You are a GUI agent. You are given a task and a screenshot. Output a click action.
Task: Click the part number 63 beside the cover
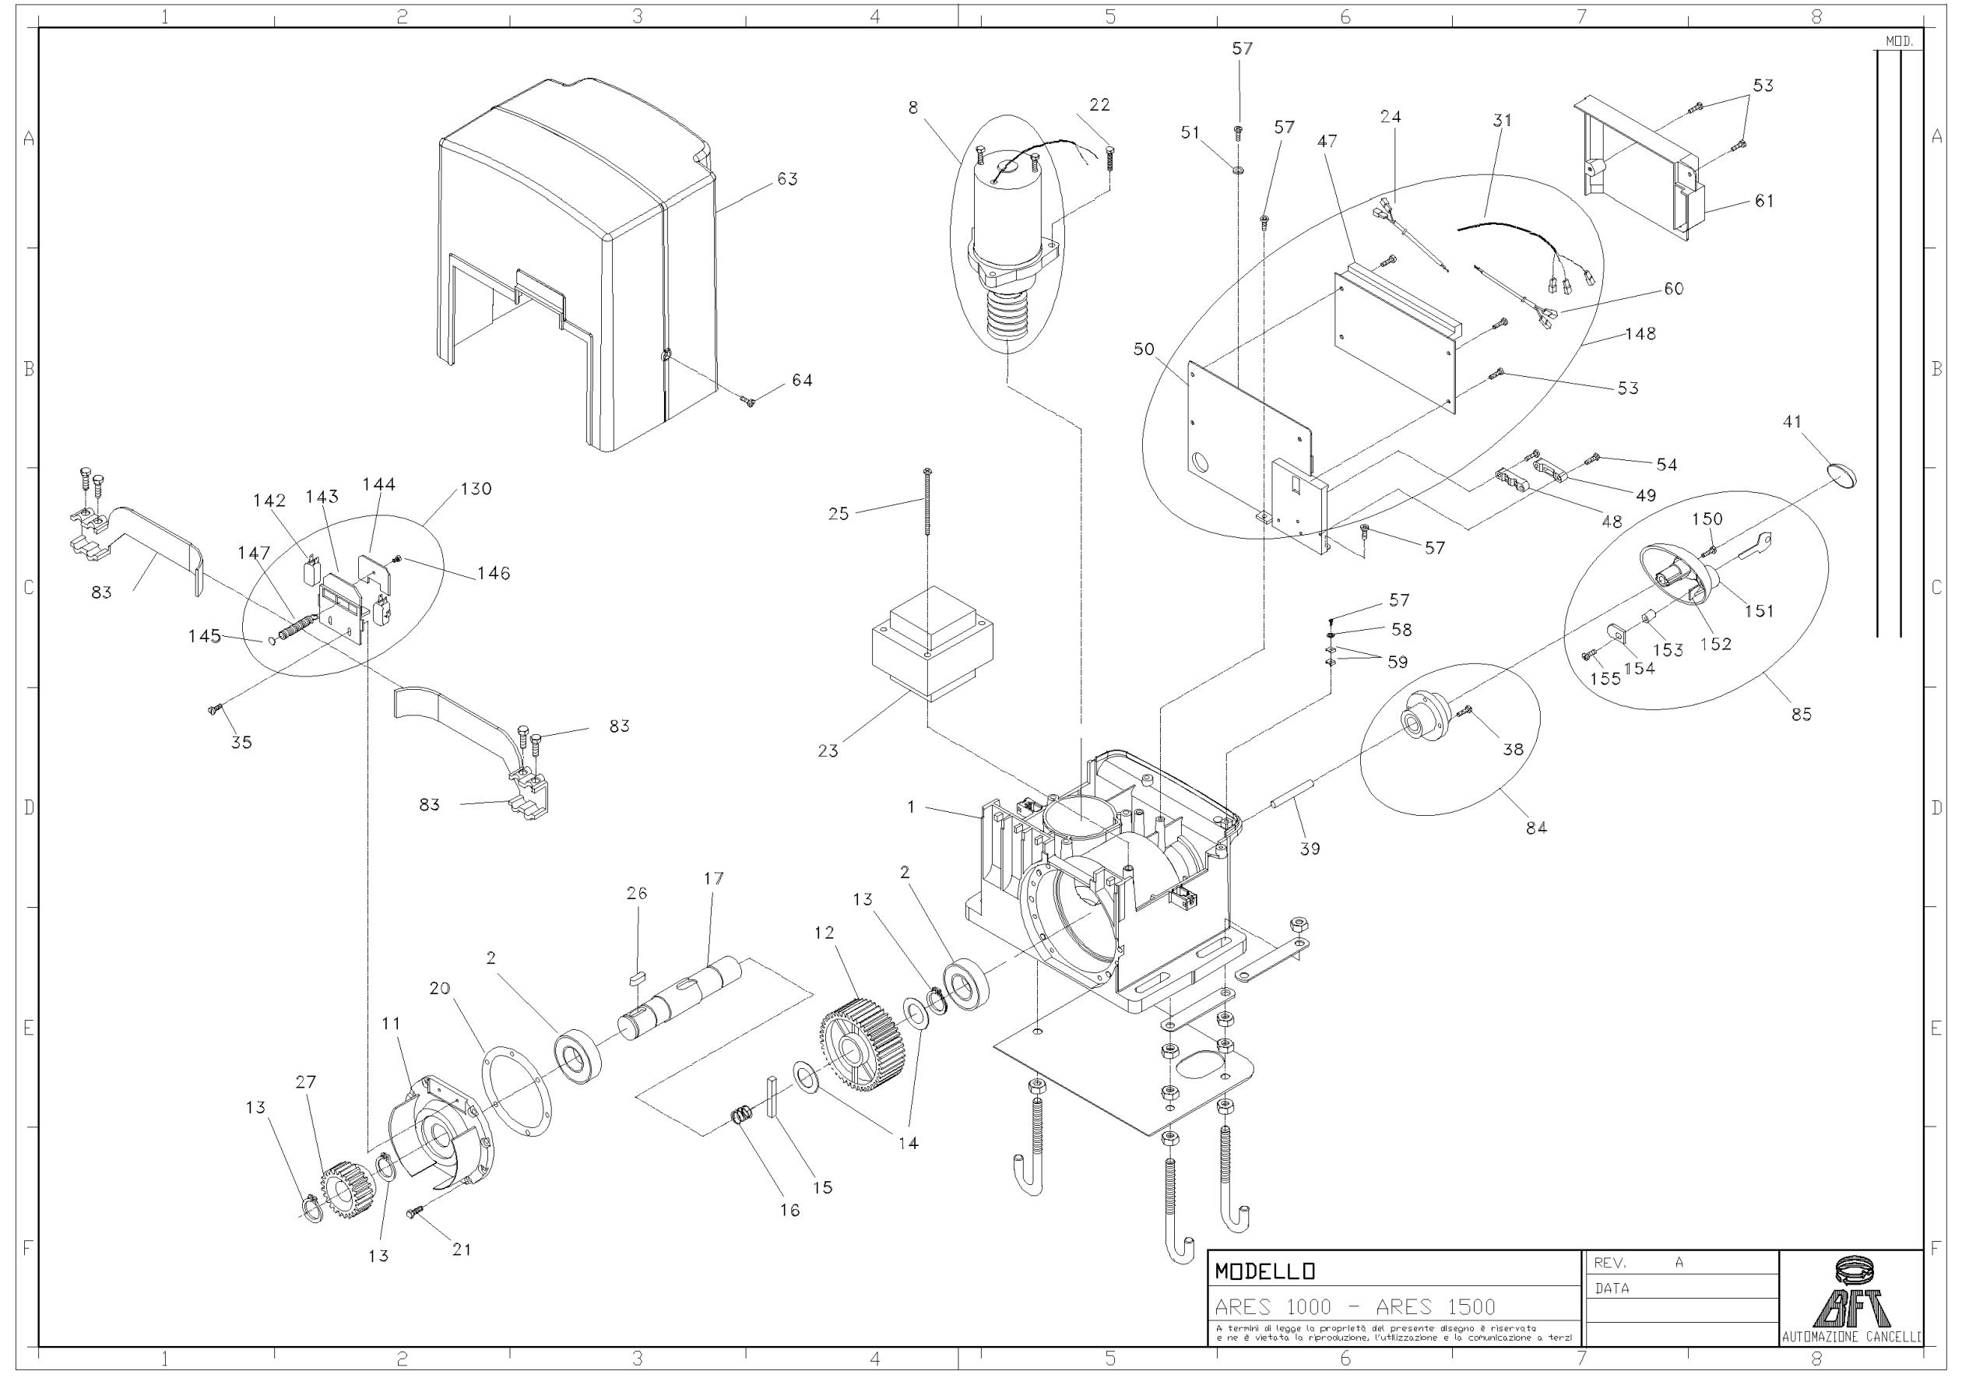pyautogui.click(x=787, y=179)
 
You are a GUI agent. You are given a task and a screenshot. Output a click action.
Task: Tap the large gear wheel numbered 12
pyautogui.click(x=862, y=1047)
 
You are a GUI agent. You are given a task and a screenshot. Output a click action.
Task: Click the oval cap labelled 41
pyautogui.click(x=1844, y=475)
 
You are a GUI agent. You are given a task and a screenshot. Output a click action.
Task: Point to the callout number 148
pyautogui.click(x=1640, y=334)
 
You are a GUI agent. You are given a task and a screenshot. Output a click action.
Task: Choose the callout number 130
pyautogui.click(x=476, y=490)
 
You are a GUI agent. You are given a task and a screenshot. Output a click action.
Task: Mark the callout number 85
pyautogui.click(x=1802, y=714)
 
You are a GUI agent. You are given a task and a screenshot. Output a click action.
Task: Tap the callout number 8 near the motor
pyautogui.click(x=913, y=107)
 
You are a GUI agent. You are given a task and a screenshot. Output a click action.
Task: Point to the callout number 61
pyautogui.click(x=1763, y=201)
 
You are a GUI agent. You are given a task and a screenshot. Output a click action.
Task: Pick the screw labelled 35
pyautogui.click(x=216, y=708)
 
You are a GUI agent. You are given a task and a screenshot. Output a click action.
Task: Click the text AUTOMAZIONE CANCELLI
pyautogui.click(x=1851, y=1337)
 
